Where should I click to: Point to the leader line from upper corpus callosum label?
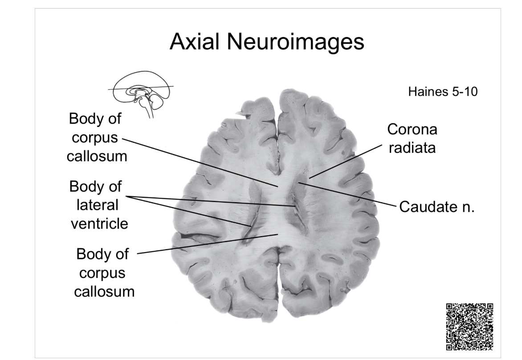pos(200,162)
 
